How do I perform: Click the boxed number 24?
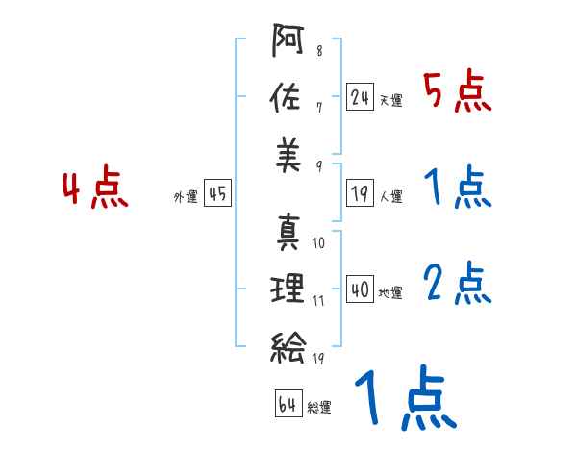361,97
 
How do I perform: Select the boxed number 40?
361,289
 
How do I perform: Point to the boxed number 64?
287,403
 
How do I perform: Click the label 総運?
319,407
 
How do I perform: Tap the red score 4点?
95,189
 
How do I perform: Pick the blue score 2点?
458,283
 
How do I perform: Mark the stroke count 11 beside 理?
319,301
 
